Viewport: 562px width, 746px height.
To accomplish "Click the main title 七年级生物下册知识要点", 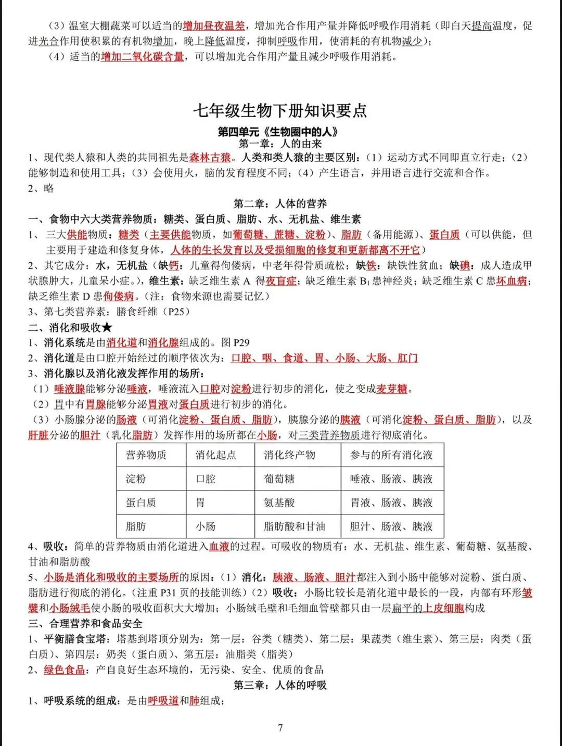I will coord(280,110).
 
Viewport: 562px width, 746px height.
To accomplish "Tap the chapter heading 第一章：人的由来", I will coord(280,144).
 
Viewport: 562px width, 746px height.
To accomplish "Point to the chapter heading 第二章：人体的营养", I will coord(280,203).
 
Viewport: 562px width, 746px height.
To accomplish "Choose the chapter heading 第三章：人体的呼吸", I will coord(280,685).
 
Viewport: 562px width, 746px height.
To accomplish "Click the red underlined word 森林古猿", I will coord(210,158).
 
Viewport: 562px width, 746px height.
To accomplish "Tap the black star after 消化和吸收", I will coord(107,327).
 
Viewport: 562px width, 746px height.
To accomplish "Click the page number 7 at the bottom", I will coord(280,727).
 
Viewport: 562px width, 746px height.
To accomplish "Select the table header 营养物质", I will coord(146,455).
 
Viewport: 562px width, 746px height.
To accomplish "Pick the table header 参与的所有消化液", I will coord(391,455).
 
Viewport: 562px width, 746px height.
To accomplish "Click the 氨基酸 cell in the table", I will coord(279,503).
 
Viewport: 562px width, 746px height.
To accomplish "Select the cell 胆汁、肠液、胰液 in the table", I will coord(391,526).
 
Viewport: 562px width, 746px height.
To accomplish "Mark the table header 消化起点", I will coord(215,455).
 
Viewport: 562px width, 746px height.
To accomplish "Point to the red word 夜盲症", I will coord(281,281).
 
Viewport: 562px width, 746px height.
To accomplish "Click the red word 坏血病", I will coord(512,281).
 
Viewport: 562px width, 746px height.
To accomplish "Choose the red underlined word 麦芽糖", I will coord(392,389).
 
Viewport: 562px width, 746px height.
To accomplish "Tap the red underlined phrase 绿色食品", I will coord(65,670).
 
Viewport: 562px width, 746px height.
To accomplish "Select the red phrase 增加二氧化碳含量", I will coord(143,57).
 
